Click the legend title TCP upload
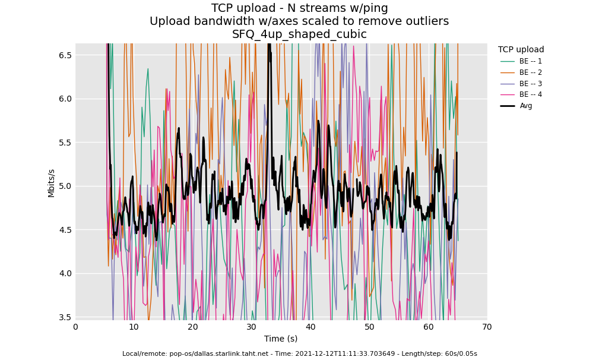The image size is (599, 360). click(521, 50)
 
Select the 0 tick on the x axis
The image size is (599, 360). click(75, 327)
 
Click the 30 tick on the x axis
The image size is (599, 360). click(252, 327)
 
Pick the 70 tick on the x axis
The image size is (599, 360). click(487, 327)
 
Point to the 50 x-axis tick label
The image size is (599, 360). click(369, 327)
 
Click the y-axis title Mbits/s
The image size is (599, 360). click(52, 183)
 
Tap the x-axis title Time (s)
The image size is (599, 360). click(281, 339)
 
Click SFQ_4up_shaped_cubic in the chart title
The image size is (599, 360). click(299, 34)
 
